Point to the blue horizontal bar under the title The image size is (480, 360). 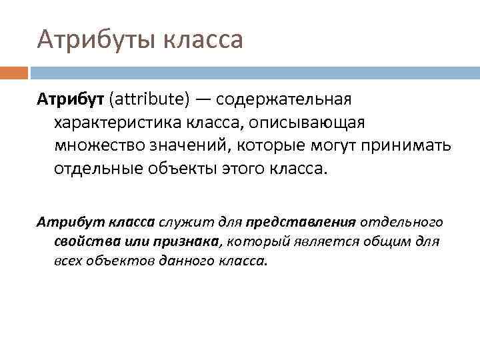254,72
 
